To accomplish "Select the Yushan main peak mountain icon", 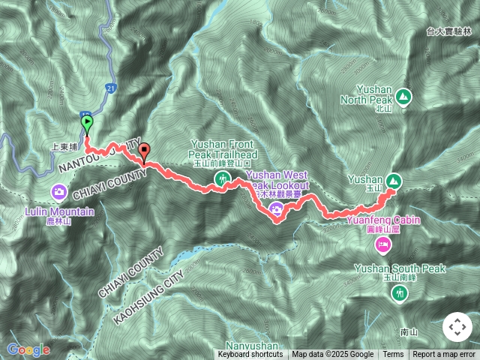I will coord(394,180).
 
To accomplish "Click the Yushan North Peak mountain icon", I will coord(403,96).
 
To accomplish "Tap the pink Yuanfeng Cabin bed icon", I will coord(383,244).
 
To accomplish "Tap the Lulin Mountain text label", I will coord(59,211).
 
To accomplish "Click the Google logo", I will coord(28,349).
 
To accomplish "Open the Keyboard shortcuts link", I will coord(250,355).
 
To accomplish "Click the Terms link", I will coord(393,355).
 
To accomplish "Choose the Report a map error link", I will coord(445,355).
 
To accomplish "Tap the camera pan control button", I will coord(457,327).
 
